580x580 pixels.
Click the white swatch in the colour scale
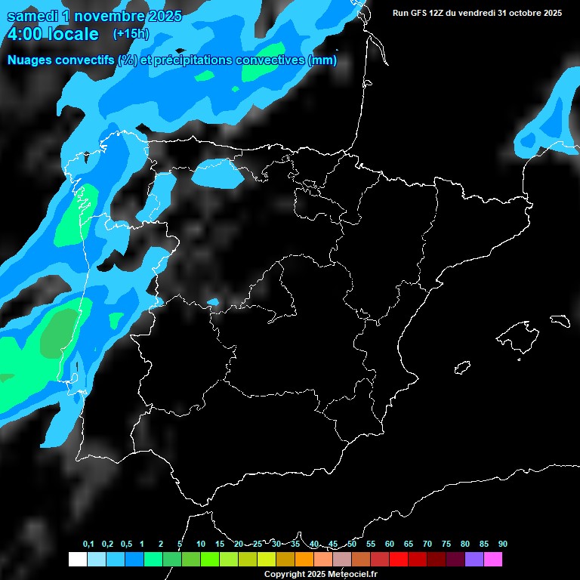[77, 559]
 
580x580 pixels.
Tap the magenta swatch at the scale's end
[493, 559]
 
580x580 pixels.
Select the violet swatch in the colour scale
[474, 559]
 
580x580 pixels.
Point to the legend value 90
[503, 544]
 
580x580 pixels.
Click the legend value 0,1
[88, 544]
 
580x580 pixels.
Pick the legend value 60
[390, 544]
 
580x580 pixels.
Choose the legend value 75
[446, 544]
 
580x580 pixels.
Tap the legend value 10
[201, 544]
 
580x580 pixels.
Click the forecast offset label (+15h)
[131, 34]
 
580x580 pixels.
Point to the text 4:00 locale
[53, 34]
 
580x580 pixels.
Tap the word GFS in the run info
[420, 13]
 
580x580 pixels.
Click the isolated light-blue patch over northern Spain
[217, 174]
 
